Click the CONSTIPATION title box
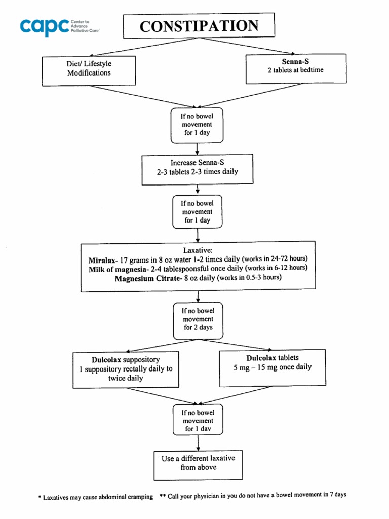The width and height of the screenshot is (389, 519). [199, 26]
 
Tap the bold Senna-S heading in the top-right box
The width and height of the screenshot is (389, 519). [295, 61]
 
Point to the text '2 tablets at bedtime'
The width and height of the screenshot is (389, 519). [295, 70]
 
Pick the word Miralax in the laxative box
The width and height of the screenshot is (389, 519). [103, 259]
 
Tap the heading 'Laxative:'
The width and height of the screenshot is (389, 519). [198, 250]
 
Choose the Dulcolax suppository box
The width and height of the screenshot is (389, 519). [126, 369]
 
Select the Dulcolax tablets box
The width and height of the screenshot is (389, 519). [273, 367]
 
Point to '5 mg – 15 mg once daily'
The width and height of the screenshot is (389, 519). [273, 367]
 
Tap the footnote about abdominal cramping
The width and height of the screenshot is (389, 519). [96, 497]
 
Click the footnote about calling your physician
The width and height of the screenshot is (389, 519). [253, 496]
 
